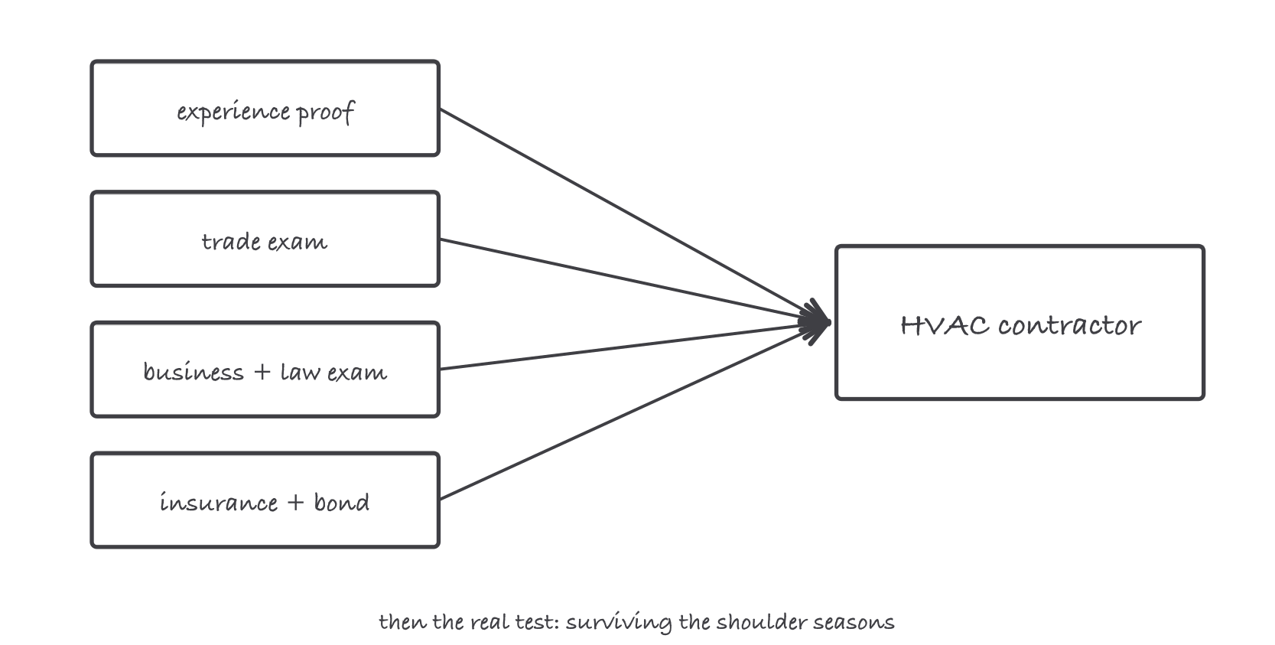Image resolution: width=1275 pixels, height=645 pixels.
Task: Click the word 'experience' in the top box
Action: point(233,112)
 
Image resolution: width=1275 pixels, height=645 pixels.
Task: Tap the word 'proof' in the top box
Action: point(326,112)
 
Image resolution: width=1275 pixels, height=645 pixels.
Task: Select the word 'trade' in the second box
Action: point(231,241)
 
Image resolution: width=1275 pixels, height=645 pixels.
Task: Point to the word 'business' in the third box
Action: point(194,372)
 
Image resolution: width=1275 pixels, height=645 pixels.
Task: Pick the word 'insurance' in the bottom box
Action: point(219,502)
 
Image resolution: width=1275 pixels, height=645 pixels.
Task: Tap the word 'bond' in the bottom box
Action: point(342,502)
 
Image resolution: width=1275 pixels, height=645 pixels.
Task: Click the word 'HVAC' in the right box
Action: point(945,326)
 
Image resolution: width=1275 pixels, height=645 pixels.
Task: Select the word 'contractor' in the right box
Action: point(1069,326)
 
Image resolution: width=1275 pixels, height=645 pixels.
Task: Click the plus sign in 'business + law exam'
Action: point(262,373)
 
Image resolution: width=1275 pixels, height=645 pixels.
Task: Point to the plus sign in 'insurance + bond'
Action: point(295,503)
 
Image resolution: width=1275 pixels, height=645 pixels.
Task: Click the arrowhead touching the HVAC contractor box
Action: point(815,322)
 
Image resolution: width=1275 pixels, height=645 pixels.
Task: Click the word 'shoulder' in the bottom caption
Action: point(762,621)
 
